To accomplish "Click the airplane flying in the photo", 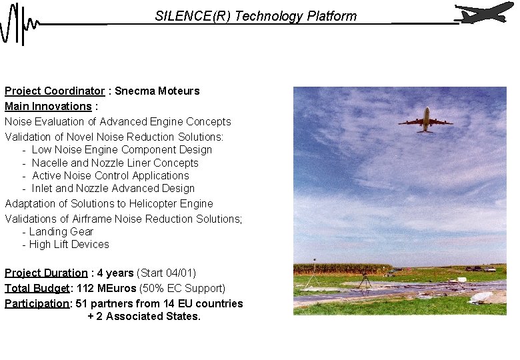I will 425,120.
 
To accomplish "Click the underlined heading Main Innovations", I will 48,106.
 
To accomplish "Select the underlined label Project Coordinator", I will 55,91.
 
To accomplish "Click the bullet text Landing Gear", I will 61,231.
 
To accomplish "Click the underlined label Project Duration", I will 46,273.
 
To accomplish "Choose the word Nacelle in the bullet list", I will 50,163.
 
